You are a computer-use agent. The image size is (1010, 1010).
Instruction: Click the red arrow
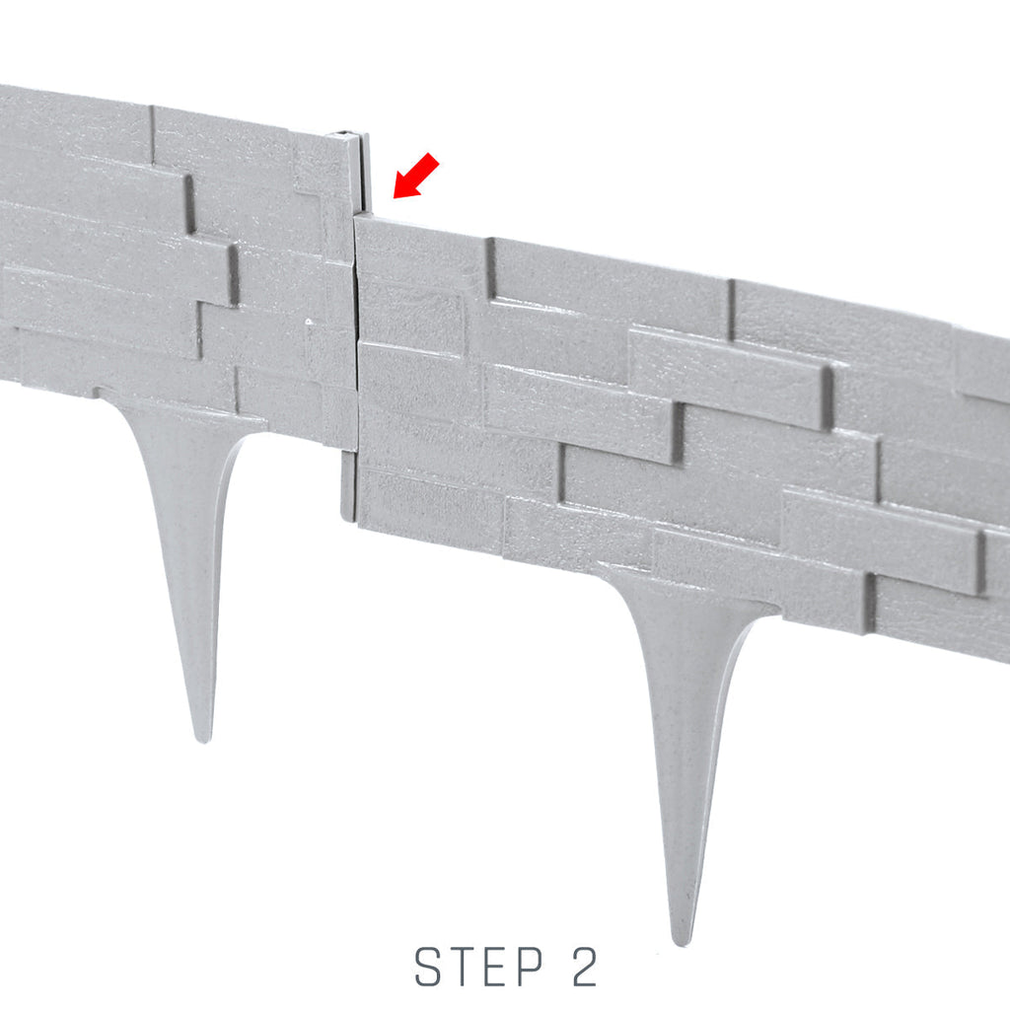(x=416, y=176)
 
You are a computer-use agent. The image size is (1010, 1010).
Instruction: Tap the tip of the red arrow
(x=394, y=197)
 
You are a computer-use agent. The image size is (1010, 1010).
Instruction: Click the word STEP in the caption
(x=478, y=967)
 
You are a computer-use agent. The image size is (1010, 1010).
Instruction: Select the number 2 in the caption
(x=584, y=967)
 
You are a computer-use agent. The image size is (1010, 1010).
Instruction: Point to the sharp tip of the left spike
(x=204, y=741)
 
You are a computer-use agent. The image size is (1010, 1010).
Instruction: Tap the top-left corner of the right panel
(x=355, y=217)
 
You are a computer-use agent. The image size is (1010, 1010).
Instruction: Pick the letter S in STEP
(x=428, y=967)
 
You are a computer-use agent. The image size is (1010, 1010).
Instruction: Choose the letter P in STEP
(x=529, y=967)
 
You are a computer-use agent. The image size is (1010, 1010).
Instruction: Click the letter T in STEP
(x=463, y=967)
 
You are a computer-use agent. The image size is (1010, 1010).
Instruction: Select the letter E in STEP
(x=496, y=967)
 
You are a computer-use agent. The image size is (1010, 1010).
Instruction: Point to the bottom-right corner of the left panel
(x=355, y=449)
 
